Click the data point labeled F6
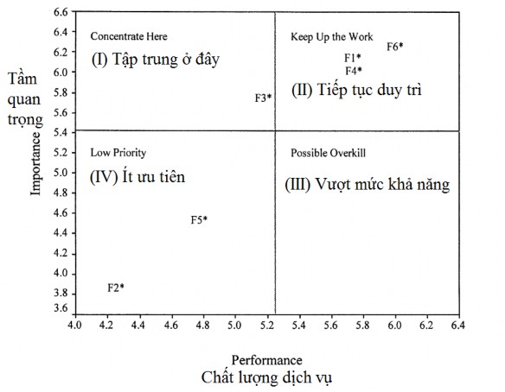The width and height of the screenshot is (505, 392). pos(400,45)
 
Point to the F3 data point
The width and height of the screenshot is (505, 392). pos(270,98)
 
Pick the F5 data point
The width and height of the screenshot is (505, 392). pos(205,219)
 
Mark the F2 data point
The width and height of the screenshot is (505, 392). pos(122,286)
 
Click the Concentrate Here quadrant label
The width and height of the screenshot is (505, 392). pos(129,36)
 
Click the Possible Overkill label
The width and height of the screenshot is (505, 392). pos(329,153)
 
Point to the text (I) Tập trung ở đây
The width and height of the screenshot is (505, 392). pos(155,60)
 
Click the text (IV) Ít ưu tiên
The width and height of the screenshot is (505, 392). pos(137,176)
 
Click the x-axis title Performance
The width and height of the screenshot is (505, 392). pos(266,358)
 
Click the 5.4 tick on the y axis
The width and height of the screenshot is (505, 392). pos(60,132)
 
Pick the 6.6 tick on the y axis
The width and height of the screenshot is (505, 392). pos(60,12)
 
